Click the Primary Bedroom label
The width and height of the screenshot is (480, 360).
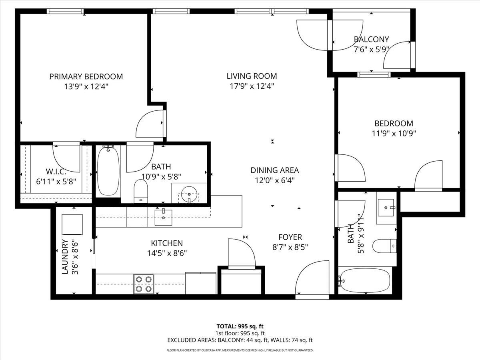pos(86,76)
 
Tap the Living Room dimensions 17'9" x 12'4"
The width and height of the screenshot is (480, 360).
pos(252,86)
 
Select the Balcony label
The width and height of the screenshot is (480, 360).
pos(371,40)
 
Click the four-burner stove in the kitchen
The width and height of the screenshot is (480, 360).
pos(144,284)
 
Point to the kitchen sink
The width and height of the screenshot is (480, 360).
pos(164,217)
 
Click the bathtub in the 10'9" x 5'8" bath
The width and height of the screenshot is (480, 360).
pos(108,171)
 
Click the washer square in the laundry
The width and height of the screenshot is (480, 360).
pos(72,224)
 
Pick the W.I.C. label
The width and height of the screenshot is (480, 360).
pos(56,171)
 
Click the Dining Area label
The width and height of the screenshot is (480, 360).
pos(274,170)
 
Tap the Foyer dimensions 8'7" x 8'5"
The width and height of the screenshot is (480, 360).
pos(290,247)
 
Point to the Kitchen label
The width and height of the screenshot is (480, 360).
pos(167,243)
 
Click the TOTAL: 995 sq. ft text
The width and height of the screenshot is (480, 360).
pos(240,326)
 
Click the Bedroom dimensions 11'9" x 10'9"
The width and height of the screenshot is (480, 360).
pos(394,134)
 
